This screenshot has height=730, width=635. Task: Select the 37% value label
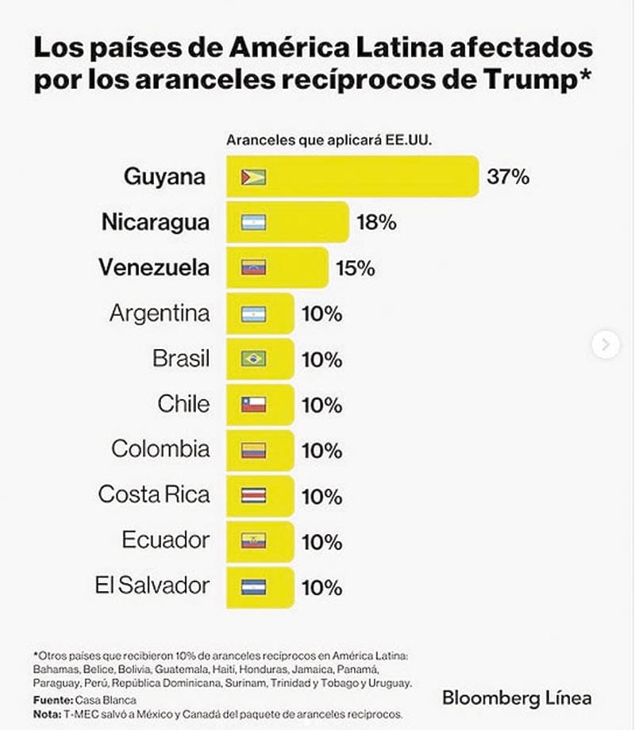point(508,177)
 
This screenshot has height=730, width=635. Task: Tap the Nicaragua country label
point(156,222)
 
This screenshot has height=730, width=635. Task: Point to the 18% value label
point(375,223)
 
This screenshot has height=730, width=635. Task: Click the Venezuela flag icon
point(254,268)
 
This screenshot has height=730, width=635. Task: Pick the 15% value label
point(354,268)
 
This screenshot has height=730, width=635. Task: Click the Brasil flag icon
point(254,359)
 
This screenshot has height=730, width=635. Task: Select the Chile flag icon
point(254,405)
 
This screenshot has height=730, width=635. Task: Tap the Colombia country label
point(160,449)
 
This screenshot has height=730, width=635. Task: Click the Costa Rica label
point(154,495)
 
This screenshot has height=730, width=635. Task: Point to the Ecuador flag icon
point(254,541)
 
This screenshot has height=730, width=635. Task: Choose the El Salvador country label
point(152,586)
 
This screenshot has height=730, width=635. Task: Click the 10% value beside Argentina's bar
point(321,314)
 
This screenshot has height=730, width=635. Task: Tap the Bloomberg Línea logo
point(517,698)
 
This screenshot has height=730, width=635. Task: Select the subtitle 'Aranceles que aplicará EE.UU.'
point(334,140)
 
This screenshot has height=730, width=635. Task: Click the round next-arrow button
point(606,344)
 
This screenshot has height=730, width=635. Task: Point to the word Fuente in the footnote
point(52,700)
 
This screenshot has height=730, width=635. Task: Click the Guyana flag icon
point(254,177)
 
